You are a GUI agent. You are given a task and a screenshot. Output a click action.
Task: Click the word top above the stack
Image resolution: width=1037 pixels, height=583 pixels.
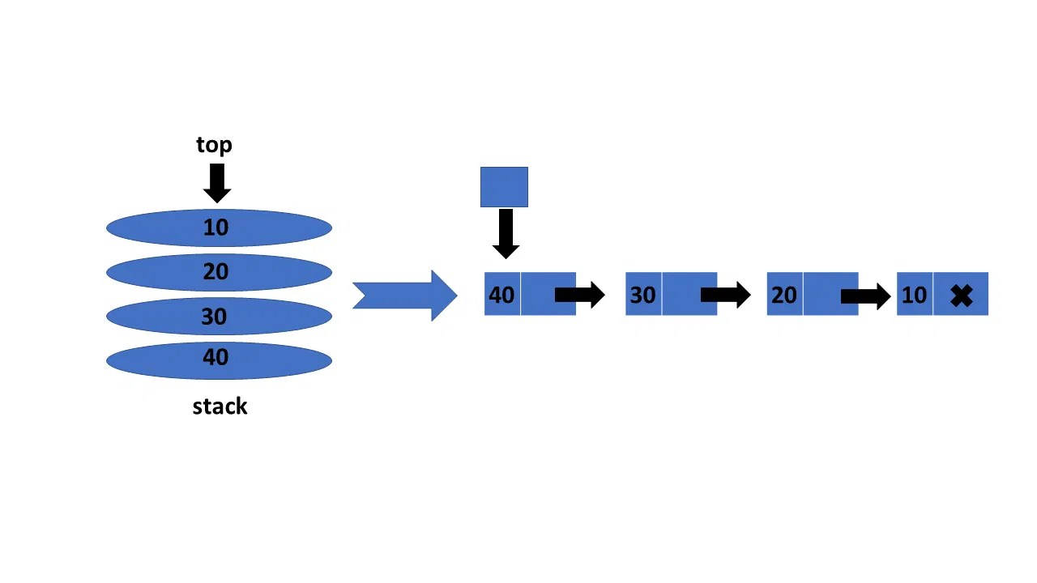point(214,145)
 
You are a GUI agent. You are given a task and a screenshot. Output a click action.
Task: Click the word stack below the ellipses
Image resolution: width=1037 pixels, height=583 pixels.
point(220,406)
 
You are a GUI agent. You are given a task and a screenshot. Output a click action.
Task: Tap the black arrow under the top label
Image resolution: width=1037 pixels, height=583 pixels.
point(217,183)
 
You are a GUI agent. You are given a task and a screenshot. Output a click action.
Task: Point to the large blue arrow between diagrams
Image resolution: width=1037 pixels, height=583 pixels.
point(405,296)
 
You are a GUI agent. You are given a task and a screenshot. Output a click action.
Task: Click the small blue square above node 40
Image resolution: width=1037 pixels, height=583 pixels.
point(504,187)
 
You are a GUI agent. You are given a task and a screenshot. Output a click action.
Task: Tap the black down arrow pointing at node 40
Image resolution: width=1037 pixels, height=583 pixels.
point(506,234)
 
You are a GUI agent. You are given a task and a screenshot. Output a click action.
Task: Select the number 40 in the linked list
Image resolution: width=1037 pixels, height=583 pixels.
point(501,295)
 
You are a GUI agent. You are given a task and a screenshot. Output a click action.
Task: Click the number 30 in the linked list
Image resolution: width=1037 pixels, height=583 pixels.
point(642,295)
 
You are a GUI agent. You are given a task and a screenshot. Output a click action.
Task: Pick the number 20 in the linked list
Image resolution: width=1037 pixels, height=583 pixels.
point(783,295)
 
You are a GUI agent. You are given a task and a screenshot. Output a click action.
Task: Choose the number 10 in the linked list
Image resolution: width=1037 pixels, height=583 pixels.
point(914,295)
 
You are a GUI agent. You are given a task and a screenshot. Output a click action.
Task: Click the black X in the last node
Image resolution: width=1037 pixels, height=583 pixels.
point(962,296)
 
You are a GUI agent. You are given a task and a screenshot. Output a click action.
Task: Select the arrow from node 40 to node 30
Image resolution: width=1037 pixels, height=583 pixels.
point(580,295)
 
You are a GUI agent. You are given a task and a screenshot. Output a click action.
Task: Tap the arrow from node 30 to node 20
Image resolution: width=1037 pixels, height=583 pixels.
point(726,295)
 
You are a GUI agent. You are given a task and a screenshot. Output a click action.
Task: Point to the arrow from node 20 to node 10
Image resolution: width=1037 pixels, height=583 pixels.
point(866,296)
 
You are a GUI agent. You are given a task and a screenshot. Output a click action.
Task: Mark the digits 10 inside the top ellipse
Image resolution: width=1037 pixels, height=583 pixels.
point(216,228)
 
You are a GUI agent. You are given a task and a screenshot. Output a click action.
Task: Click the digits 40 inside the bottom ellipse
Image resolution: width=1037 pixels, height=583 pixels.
point(216,358)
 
